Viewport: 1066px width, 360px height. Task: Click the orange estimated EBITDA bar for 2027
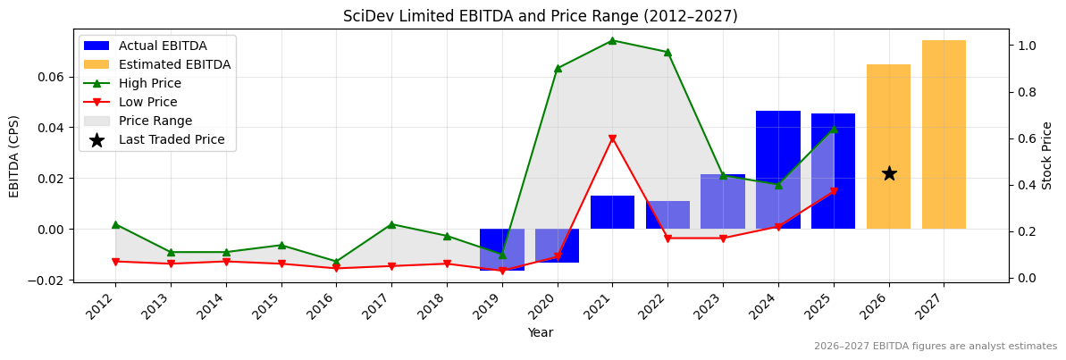[944, 134]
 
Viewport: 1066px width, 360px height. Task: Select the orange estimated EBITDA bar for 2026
[888, 147]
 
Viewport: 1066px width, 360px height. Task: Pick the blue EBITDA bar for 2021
[612, 213]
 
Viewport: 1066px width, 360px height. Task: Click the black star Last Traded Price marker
[889, 173]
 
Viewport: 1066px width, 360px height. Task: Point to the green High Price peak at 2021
[612, 40]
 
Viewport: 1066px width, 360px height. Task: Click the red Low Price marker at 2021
[612, 138]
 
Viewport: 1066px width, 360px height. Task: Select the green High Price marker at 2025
[834, 129]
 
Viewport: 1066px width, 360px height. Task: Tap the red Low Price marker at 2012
[115, 262]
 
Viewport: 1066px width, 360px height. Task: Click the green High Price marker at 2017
[391, 224]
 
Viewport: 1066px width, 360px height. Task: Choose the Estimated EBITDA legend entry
[174, 64]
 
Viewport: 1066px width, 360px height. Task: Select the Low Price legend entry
[147, 102]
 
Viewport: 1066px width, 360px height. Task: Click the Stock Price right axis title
[1047, 155]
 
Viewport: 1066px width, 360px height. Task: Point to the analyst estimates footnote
[935, 347]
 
